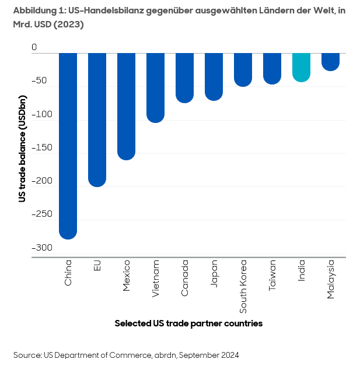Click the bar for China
click(x=68, y=146)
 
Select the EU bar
click(x=97, y=119)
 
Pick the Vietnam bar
click(x=155, y=87)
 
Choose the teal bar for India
click(x=301, y=67)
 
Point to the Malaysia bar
click(x=330, y=62)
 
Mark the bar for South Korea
click(x=243, y=69)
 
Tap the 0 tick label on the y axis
click(x=34, y=47)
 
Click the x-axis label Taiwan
click(x=272, y=276)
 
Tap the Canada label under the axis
click(x=185, y=278)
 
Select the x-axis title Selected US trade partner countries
click(x=188, y=323)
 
